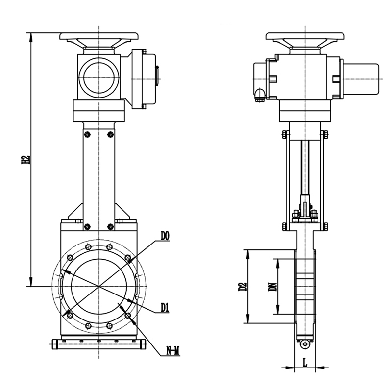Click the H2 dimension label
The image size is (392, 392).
(26, 160)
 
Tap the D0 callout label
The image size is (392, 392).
(165, 236)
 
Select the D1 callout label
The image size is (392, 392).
(165, 307)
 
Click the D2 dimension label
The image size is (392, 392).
(243, 287)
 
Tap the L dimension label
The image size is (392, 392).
(305, 362)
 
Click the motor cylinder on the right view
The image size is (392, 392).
(361, 79)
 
